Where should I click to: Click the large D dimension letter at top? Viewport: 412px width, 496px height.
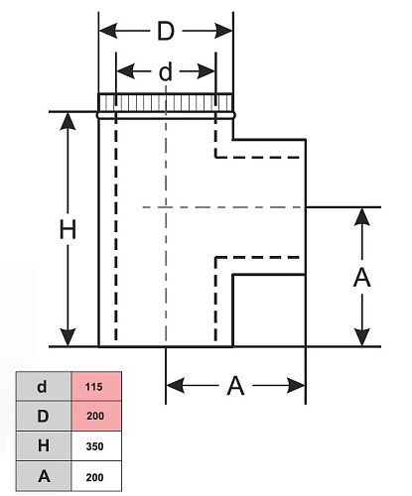pos(166,31)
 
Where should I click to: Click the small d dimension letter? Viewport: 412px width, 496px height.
pos(166,71)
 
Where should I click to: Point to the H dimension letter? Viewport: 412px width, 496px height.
pos(68,229)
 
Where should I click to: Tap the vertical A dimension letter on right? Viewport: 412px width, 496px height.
pos(361,277)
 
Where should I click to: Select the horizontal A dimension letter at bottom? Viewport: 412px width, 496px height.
pos(235,386)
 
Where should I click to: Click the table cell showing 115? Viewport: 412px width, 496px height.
pos(96,386)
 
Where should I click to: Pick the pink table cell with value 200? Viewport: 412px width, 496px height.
pos(96,416)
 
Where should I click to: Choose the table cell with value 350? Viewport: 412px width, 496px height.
pos(96,446)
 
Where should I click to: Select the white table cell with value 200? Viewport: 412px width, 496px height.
pos(96,476)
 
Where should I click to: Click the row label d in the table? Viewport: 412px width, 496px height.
pos(42,386)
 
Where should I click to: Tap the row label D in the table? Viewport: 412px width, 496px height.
pos(43,416)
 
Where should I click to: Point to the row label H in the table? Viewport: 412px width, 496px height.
pos(44,445)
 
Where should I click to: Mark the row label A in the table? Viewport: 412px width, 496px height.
pos(44,476)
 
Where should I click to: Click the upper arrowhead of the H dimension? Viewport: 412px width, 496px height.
pos(68,121)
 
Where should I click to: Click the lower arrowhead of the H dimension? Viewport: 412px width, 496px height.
pos(68,337)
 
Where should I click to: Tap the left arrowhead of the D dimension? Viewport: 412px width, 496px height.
pos(108,31)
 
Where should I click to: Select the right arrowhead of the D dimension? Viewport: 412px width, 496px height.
pos(223,31)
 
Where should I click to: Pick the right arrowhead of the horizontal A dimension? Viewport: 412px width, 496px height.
pos(296,386)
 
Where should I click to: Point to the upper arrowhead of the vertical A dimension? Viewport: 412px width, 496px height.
pos(362,217)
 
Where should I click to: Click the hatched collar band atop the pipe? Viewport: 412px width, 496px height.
pos(166,103)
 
